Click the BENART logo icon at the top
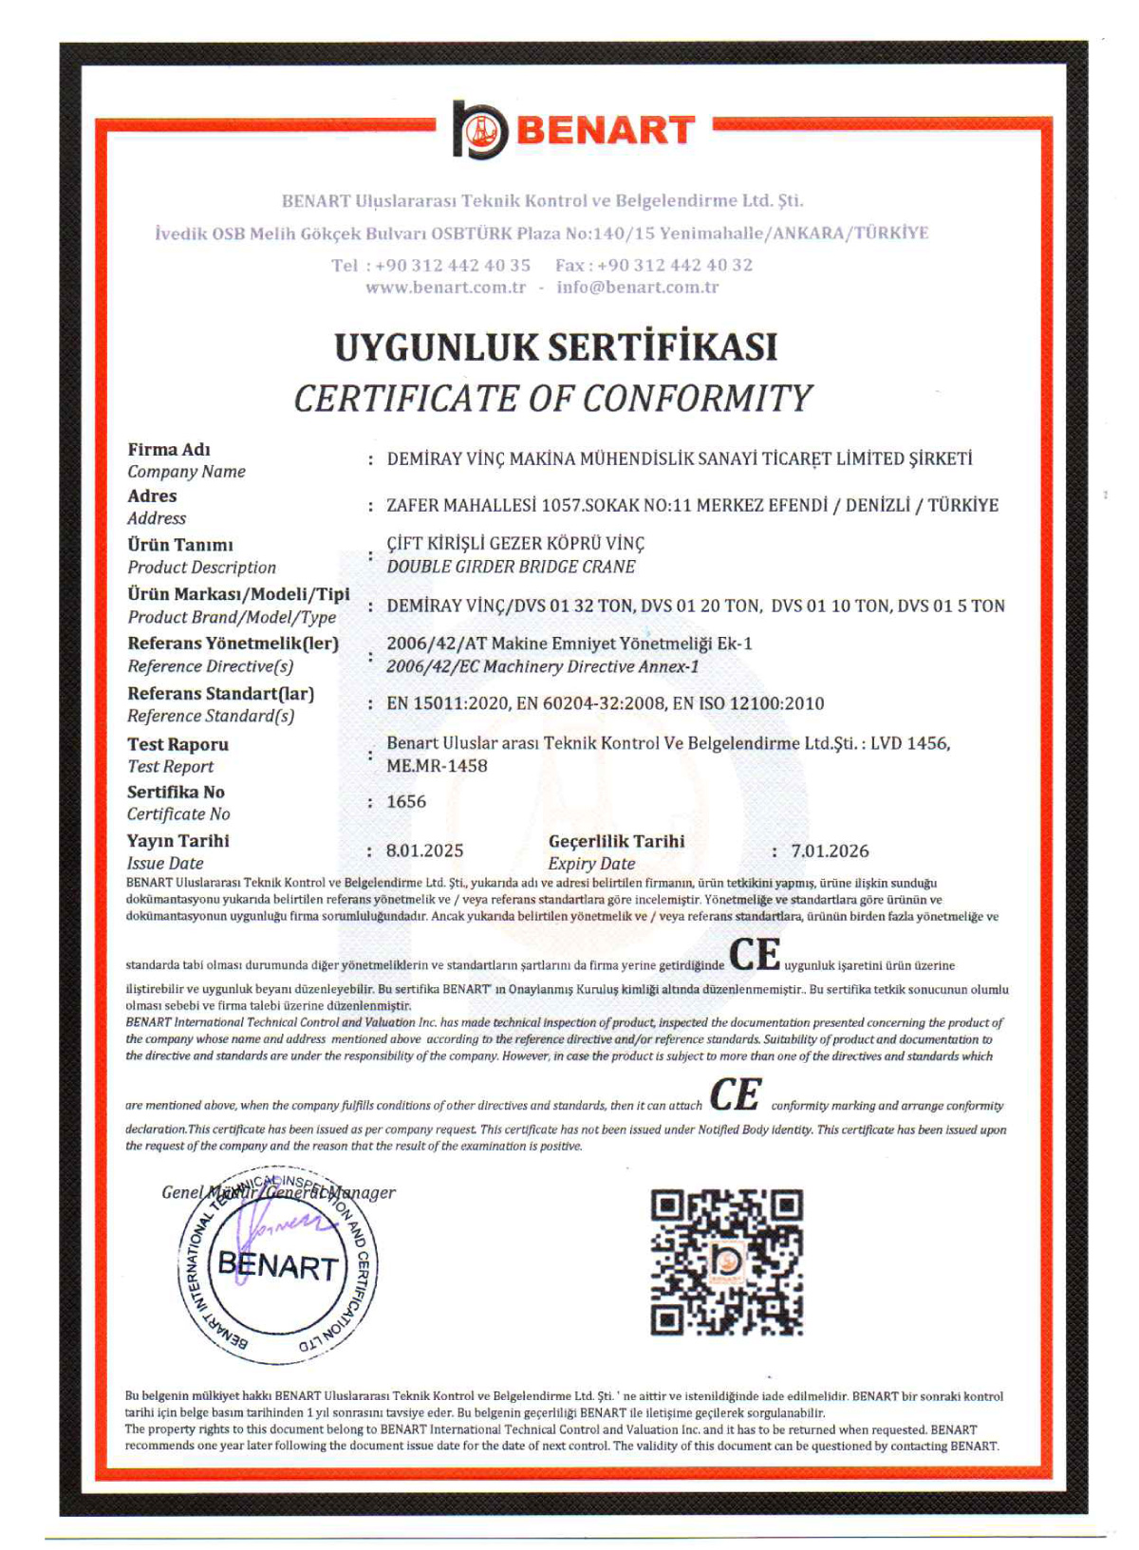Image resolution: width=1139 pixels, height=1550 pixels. [480, 129]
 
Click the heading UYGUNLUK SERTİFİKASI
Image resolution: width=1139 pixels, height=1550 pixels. [555, 347]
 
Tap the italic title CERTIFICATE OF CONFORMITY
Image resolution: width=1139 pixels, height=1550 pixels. [553, 399]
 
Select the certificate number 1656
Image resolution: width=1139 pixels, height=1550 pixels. [406, 802]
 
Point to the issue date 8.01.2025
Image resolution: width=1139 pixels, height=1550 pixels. [424, 851]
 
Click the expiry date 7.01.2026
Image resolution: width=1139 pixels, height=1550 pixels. [830, 851]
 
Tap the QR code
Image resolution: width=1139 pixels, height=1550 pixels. [726, 1262]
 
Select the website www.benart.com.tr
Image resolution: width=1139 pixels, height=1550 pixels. [445, 288]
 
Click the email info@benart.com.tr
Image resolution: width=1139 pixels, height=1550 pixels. [637, 288]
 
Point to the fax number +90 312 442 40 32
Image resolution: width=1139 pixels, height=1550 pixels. [674, 265]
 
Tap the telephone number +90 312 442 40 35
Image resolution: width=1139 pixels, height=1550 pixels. [453, 265]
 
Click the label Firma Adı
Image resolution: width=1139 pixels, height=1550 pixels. [169, 450]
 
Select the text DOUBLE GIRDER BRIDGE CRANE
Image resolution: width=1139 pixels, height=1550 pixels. [511, 567]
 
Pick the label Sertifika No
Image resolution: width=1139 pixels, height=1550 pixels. [176, 793]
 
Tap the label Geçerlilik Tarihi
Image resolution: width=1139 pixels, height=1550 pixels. [616, 841]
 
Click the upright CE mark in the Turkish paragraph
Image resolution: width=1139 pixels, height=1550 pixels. [755, 955]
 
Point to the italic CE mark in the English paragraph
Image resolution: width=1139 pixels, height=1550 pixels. [736, 1095]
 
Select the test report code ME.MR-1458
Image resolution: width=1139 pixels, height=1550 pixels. [437, 766]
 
